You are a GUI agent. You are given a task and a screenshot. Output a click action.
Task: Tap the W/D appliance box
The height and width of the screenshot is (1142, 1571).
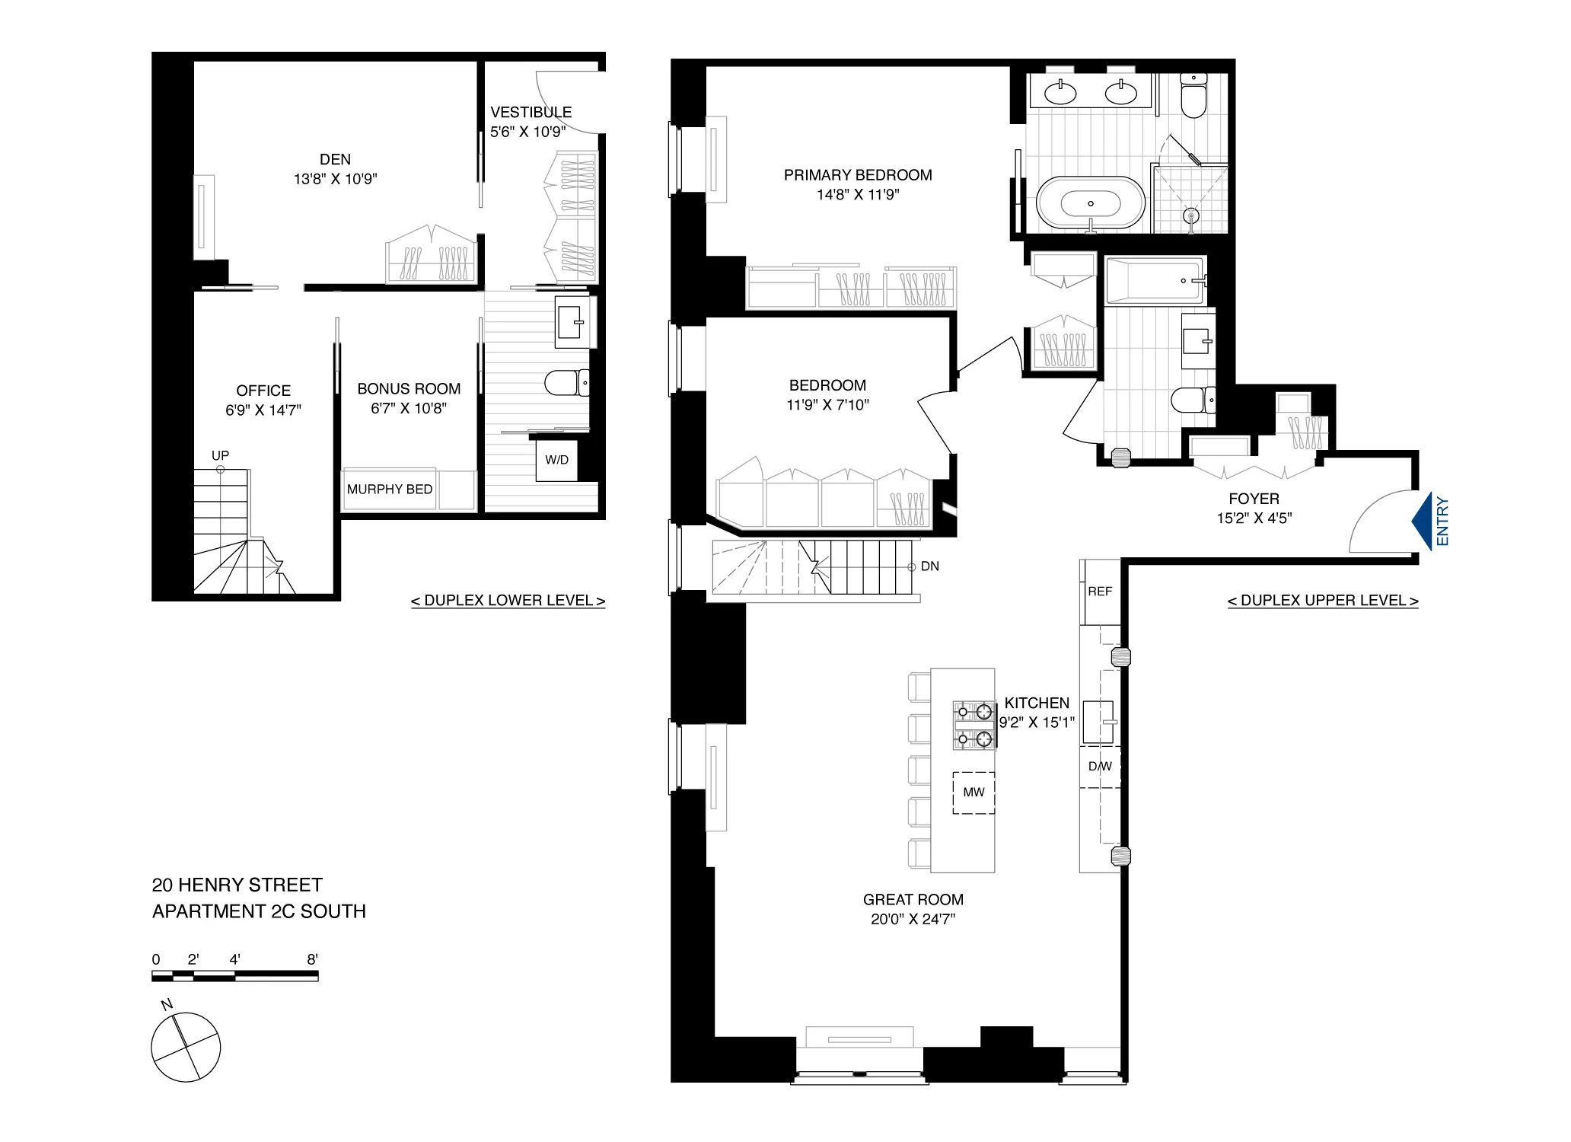pos(556,460)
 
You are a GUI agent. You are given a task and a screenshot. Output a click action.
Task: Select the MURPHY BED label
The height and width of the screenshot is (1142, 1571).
pos(389,490)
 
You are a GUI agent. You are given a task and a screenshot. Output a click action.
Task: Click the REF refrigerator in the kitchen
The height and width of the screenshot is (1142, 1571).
pos(1100,592)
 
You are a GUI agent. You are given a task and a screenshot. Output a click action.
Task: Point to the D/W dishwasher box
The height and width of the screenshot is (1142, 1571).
pos(1100,767)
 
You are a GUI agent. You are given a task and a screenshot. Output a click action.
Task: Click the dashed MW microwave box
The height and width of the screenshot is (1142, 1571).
pos(974,793)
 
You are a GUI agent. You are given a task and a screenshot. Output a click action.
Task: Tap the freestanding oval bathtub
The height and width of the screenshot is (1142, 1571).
pos(1090,204)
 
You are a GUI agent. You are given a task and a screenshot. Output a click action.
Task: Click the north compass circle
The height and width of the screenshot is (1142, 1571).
pos(186,1047)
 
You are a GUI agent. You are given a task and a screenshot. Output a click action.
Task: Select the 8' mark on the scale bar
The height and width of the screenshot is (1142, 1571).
pos(313,960)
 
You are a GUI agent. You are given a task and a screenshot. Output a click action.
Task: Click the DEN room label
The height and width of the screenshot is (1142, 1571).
pos(335,159)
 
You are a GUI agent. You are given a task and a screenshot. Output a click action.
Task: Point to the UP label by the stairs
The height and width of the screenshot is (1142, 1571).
pos(220,455)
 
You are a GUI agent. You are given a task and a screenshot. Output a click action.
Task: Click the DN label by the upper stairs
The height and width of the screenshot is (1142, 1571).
pos(929,566)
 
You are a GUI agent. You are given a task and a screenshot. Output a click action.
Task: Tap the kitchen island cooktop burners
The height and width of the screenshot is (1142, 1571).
pos(974,726)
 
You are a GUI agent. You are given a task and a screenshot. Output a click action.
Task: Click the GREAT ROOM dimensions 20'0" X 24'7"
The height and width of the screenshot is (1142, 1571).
pos(913,919)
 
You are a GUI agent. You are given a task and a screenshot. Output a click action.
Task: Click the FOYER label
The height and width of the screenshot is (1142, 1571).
pos(1254,499)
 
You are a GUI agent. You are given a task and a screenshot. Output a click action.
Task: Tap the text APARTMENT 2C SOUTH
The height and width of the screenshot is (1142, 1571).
pos(259,911)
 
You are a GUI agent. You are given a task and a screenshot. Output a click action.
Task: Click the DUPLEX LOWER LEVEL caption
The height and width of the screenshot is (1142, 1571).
pos(508,601)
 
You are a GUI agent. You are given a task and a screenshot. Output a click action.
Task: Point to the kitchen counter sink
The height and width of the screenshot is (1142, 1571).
pos(1098,722)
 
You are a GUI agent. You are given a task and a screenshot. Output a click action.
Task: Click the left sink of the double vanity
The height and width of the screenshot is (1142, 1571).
pos(1060,94)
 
